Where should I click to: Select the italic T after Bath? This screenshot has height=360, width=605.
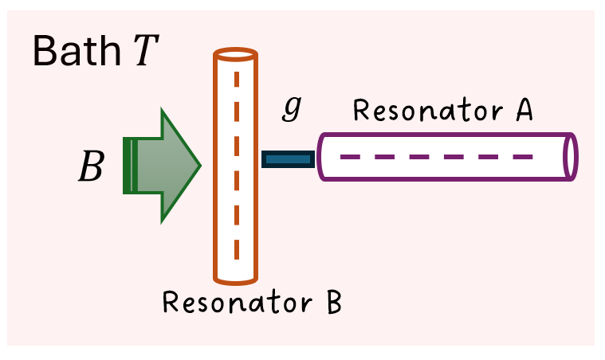(x=146, y=52)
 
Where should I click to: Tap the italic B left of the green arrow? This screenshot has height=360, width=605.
(x=90, y=166)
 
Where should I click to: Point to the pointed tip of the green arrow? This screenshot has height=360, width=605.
(x=199, y=166)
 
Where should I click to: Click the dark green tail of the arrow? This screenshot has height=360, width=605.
(x=128, y=166)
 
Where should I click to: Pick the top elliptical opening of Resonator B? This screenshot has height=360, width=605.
(x=236, y=56)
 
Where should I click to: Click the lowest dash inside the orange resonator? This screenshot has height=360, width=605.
(x=236, y=251)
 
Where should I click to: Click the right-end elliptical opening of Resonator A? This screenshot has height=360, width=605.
(x=570, y=156)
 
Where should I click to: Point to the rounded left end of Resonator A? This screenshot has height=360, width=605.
(x=321, y=156)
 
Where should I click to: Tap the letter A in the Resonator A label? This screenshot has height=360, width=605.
(x=523, y=112)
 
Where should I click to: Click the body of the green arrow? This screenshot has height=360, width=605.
(x=163, y=166)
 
